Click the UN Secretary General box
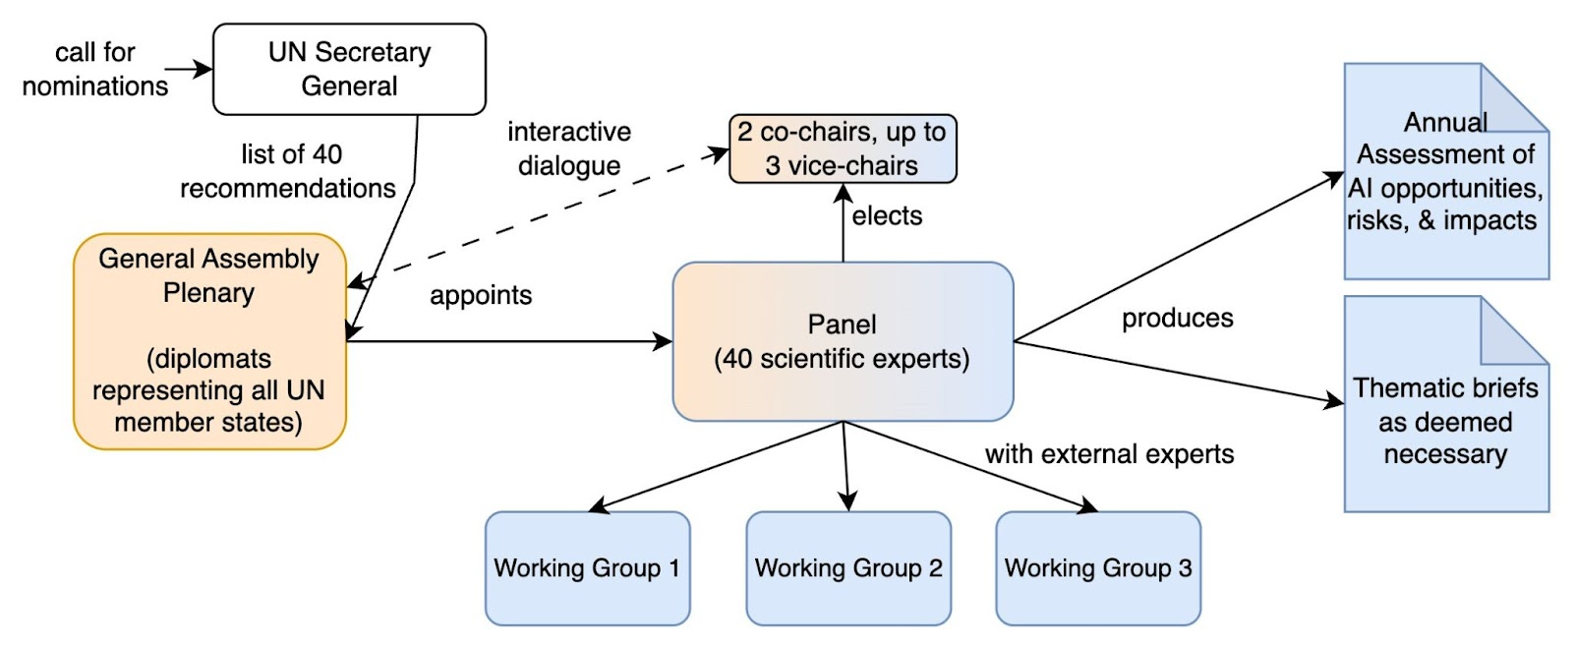[x=349, y=69]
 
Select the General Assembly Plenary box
[x=209, y=341]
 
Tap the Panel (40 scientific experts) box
[x=843, y=341]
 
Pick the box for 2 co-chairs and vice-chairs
[x=843, y=148]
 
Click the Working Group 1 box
[x=588, y=568]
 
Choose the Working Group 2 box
[x=848, y=568]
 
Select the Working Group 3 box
[x=1098, y=568]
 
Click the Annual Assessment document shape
[x=1446, y=171]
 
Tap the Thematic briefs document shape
[x=1446, y=404]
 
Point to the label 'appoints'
[x=481, y=295]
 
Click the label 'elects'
[x=887, y=215]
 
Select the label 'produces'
[x=1178, y=319]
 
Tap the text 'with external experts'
[x=1110, y=454]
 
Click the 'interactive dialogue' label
[x=569, y=148]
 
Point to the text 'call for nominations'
[x=94, y=69]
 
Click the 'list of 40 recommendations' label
[x=288, y=171]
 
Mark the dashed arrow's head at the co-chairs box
[x=719, y=153]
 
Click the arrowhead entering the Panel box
[x=663, y=342]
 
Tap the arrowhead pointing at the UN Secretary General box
[x=203, y=69]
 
